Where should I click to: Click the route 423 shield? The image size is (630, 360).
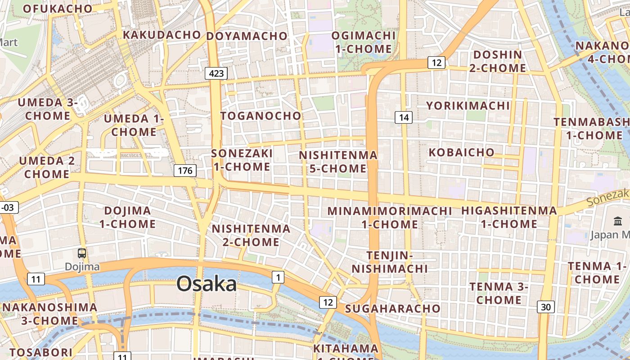click(x=216, y=73)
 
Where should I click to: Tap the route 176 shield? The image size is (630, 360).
click(x=185, y=170)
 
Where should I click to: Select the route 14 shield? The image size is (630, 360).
click(x=404, y=117)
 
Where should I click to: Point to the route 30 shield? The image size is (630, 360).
click(x=545, y=307)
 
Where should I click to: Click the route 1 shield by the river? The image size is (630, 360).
click(x=278, y=278)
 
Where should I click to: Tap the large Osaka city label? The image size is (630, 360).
click(x=207, y=284)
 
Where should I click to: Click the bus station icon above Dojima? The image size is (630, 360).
click(x=82, y=253)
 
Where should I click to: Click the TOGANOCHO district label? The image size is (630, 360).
click(x=261, y=116)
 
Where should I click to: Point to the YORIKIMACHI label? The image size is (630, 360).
click(x=468, y=106)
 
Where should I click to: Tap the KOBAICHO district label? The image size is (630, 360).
click(x=461, y=152)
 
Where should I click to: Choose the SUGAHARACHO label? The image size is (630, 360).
click(x=392, y=308)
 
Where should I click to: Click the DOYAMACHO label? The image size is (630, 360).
click(x=247, y=36)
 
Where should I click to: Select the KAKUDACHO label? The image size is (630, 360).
click(x=162, y=35)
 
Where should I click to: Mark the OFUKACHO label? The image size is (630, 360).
click(x=57, y=9)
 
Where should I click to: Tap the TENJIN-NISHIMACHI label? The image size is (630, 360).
click(x=390, y=262)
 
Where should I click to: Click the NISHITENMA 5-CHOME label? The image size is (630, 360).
click(x=338, y=162)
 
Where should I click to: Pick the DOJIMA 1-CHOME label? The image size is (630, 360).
click(x=127, y=217)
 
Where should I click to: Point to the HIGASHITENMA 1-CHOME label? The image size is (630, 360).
click(x=509, y=217)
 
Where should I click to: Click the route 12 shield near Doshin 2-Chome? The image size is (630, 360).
click(x=436, y=63)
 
